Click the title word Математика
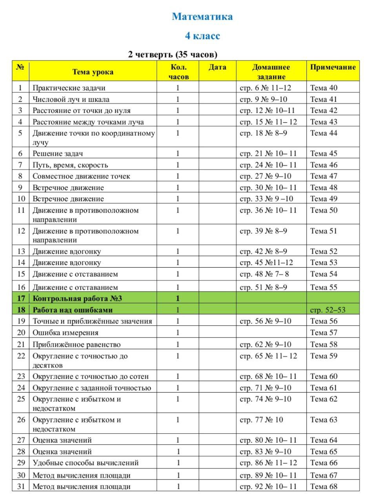202,17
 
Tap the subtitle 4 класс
202,36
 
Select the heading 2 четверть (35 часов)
173,54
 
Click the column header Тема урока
93,72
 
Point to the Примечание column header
333,67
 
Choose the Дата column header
217,67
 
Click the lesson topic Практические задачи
69,88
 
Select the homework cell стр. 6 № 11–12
266,88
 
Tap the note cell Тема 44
324,133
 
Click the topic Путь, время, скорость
70,165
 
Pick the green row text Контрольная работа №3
77,299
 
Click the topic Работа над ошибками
73,310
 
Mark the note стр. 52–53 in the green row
328,310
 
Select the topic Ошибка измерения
66,333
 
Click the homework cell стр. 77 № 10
261,420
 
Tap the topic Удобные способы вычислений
86,463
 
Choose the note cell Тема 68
324,486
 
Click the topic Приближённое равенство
76,345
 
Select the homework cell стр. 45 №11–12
266,263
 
